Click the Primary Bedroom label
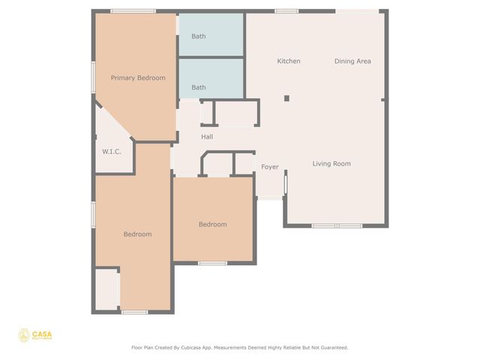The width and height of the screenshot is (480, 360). (138, 78)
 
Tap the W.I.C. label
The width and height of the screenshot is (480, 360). (112, 151)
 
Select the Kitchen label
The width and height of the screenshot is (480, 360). (289, 61)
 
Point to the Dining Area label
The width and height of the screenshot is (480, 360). (352, 61)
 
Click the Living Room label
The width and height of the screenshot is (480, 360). (331, 163)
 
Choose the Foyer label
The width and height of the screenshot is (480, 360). (269, 167)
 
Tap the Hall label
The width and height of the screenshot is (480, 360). (207, 136)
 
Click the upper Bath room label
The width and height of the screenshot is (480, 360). (199, 36)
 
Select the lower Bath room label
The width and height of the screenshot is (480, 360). (199, 88)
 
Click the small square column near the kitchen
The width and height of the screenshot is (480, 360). (286, 97)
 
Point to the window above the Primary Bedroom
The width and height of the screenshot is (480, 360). (133, 11)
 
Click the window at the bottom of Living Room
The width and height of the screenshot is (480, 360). (337, 226)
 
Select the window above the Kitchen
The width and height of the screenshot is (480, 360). (286, 11)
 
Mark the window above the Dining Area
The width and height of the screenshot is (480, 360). (356, 11)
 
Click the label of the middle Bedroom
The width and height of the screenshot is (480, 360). (212, 224)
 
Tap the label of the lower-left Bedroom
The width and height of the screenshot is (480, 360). (137, 234)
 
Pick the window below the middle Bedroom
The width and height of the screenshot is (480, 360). (213, 262)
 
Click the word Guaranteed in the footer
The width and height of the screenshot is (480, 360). (331, 347)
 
